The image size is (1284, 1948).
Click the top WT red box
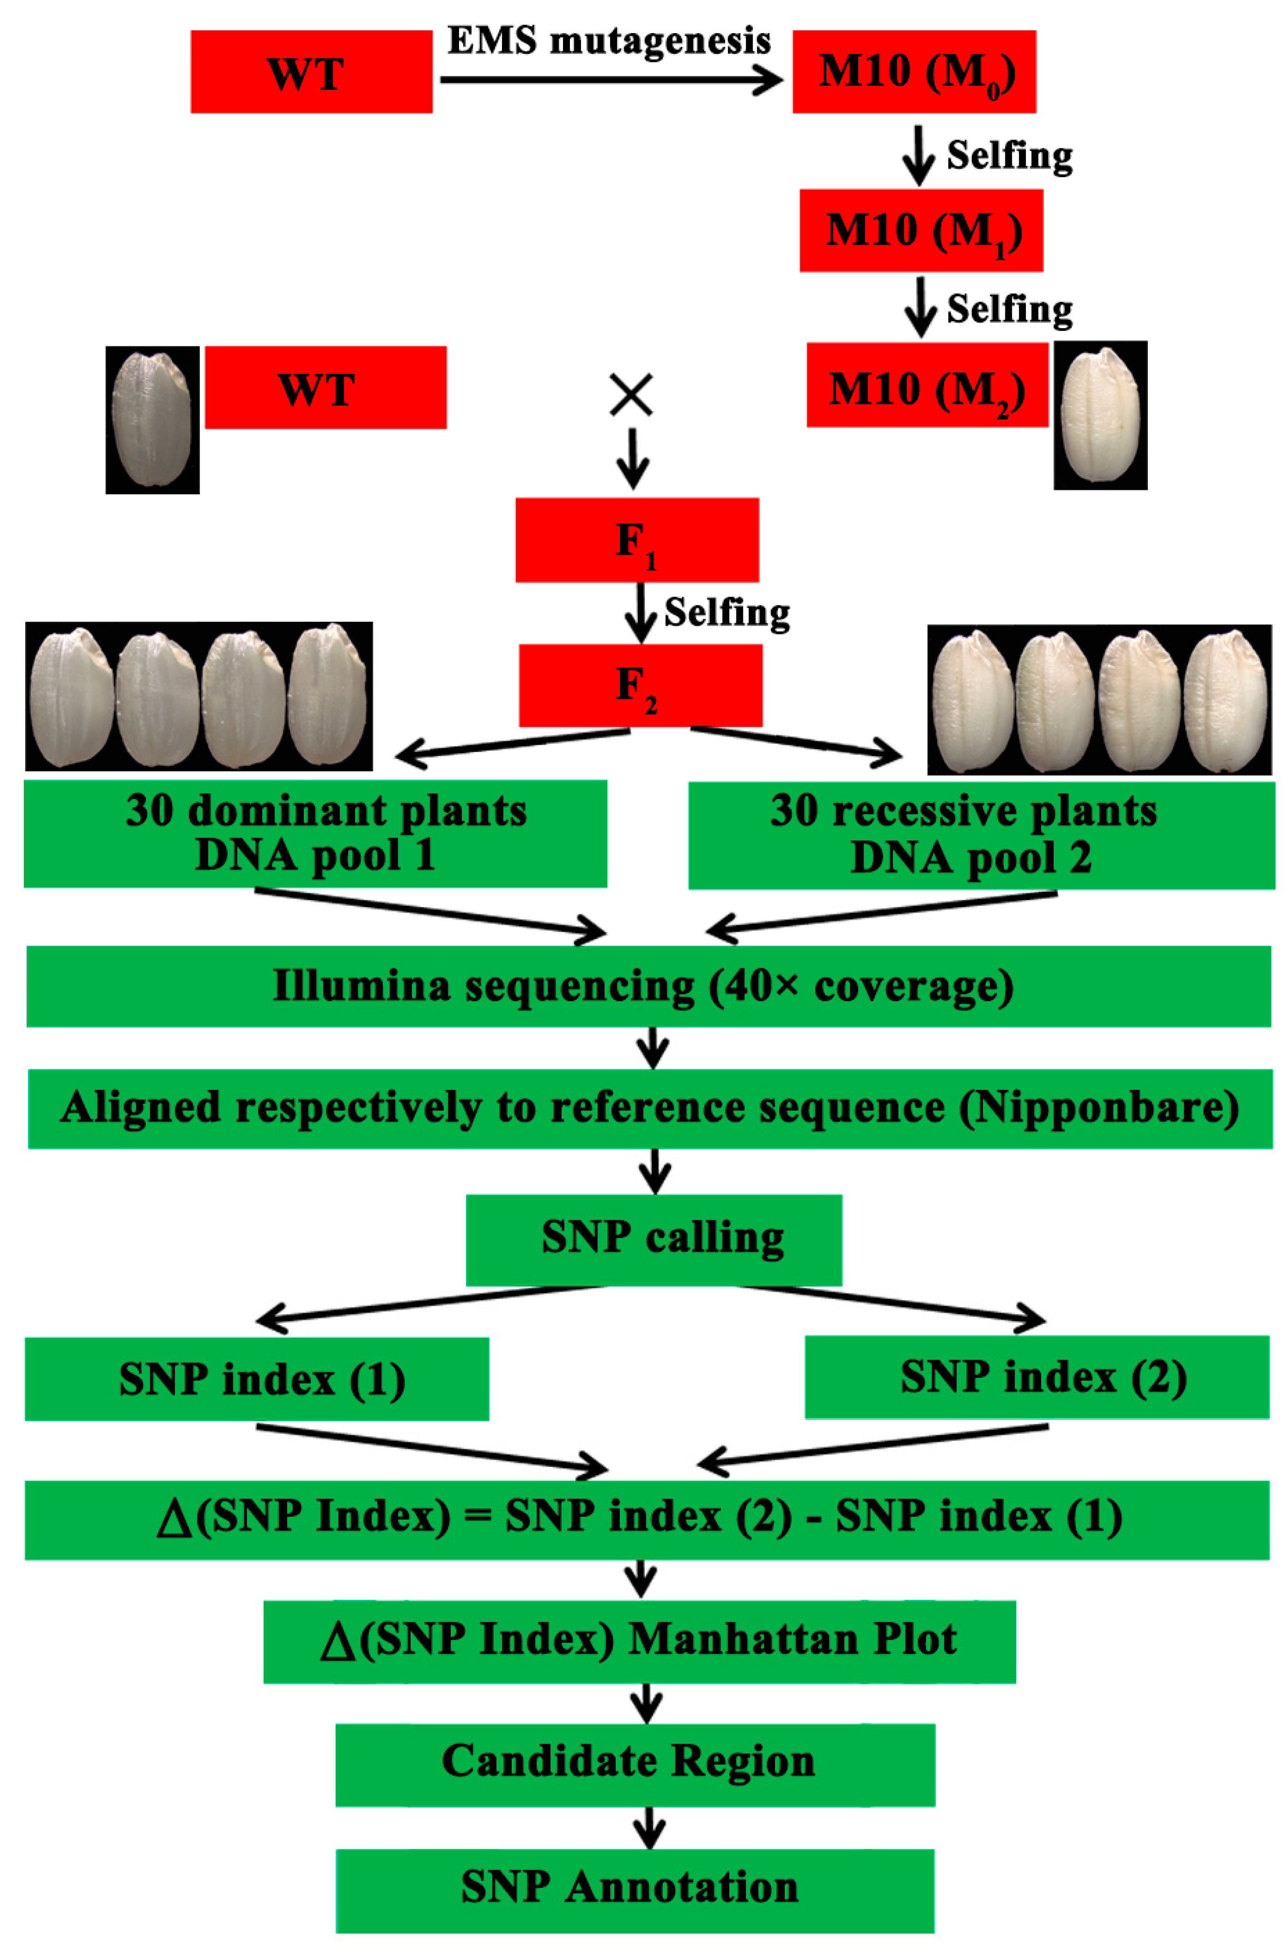click(x=311, y=72)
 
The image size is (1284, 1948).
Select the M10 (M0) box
click(x=914, y=72)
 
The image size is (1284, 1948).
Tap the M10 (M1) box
click(x=921, y=231)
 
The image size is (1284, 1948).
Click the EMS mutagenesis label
click(x=608, y=41)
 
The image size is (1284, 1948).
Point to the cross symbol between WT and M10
click(x=632, y=395)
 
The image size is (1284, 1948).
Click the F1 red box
click(x=637, y=540)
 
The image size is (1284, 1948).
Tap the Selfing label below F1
click(x=726, y=613)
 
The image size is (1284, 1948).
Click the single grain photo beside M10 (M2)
click(x=1100, y=416)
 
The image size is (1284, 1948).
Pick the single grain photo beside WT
click(x=152, y=420)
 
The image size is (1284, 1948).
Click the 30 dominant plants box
click(x=315, y=833)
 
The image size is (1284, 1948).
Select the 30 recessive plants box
click(x=981, y=835)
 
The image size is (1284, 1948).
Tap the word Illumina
click(x=361, y=986)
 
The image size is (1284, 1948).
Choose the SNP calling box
click(x=653, y=1240)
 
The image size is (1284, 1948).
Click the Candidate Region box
click(x=635, y=1764)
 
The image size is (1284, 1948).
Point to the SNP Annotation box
click(x=635, y=1889)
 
